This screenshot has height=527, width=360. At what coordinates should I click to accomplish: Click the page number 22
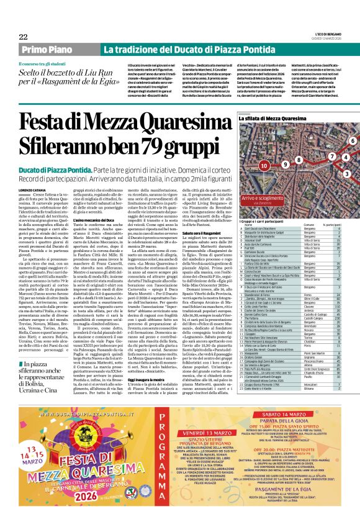(x=23, y=37)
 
